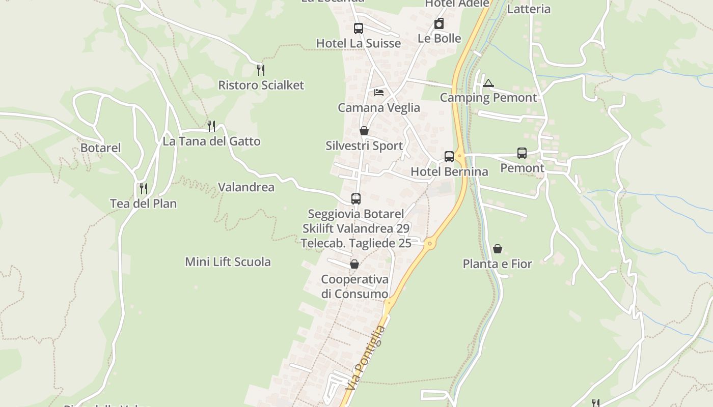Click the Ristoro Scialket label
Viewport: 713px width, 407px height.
pyautogui.click(x=261, y=85)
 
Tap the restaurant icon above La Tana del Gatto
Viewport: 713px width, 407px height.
pyautogui.click(x=211, y=126)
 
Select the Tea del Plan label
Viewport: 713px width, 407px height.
pyautogui.click(x=143, y=203)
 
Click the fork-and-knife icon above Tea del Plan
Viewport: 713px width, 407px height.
pyautogui.click(x=144, y=189)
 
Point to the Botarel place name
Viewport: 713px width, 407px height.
pyautogui.click(x=101, y=148)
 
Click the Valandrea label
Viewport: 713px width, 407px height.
pyautogui.click(x=246, y=187)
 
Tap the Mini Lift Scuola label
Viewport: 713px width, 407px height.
pyautogui.click(x=228, y=262)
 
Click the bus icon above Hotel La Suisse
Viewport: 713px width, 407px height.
pyautogui.click(x=358, y=28)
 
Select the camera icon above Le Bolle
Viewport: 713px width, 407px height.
pyautogui.click(x=439, y=23)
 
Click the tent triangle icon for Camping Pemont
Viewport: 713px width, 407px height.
pyautogui.click(x=488, y=83)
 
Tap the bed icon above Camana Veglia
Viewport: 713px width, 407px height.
pyautogui.click(x=379, y=93)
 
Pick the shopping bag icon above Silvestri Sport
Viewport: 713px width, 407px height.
pyautogui.click(x=364, y=131)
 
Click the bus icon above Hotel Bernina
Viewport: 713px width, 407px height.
pyautogui.click(x=449, y=157)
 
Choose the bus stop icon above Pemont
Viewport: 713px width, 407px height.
pyautogui.click(x=522, y=153)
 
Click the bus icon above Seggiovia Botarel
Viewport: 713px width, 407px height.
pyautogui.click(x=355, y=199)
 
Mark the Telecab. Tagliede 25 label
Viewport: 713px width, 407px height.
pyautogui.click(x=356, y=243)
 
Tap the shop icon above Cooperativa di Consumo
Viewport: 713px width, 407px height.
pyautogui.click(x=354, y=265)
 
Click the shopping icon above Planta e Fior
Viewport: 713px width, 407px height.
pyautogui.click(x=498, y=249)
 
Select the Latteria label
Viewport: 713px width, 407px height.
pyautogui.click(x=529, y=9)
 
